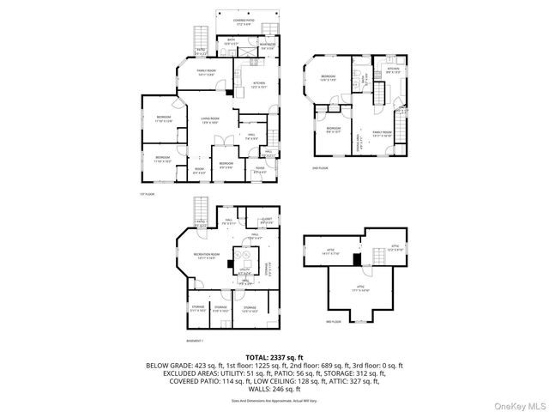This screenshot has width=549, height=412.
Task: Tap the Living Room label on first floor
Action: coord(211,121)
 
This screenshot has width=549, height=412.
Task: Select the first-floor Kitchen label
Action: coord(260,84)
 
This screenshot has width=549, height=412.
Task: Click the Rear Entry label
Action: coord(267,45)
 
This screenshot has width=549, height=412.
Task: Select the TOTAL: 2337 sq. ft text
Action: coord(274,356)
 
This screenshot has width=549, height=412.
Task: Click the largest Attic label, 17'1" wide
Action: coord(361,288)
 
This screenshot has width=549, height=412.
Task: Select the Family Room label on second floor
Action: coord(389,134)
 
